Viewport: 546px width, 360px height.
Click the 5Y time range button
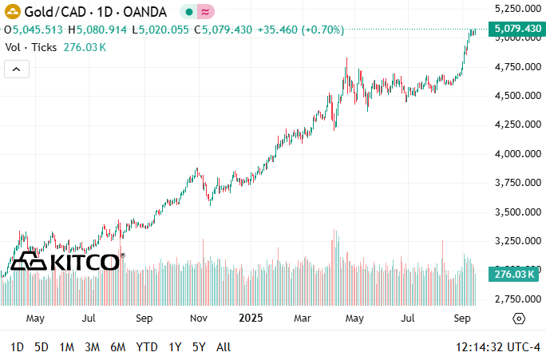[199, 347]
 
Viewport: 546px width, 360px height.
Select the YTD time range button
[147, 347]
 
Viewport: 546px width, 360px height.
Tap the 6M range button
[118, 347]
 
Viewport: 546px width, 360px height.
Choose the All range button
[224, 347]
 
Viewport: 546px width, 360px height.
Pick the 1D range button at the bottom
[17, 347]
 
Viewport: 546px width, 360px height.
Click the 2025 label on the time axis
[251, 318]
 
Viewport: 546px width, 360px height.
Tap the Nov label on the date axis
[199, 318]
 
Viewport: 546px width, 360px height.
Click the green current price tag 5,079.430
[518, 30]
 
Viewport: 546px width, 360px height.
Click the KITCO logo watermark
[67, 261]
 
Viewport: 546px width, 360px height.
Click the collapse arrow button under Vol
[17, 69]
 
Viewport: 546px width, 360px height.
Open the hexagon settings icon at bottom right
[518, 318]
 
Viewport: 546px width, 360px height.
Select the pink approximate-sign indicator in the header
[205, 11]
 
